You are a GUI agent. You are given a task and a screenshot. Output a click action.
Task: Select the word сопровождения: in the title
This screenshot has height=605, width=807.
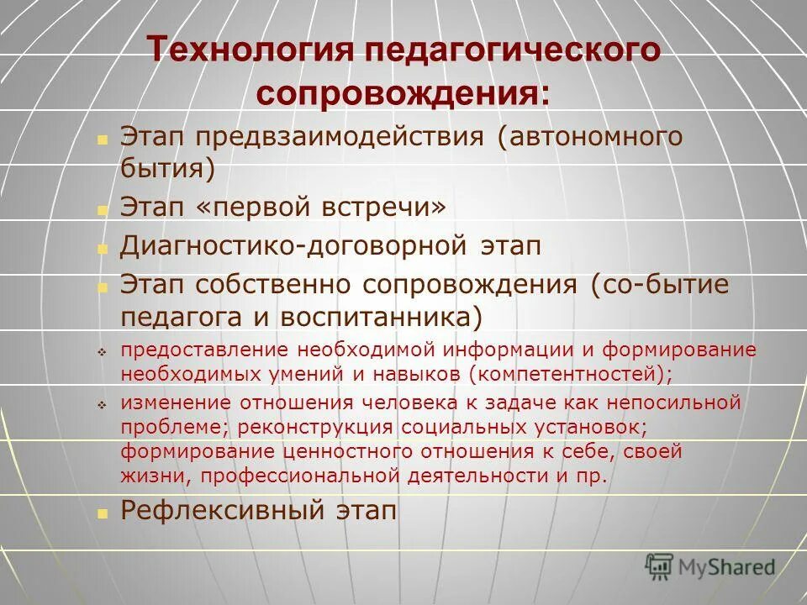(403, 92)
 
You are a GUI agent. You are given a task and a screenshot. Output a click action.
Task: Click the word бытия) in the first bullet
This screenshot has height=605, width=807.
(168, 168)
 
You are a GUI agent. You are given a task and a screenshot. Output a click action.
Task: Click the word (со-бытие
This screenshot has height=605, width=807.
(658, 285)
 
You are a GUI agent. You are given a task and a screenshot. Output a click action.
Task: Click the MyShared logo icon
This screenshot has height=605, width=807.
(658, 567)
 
